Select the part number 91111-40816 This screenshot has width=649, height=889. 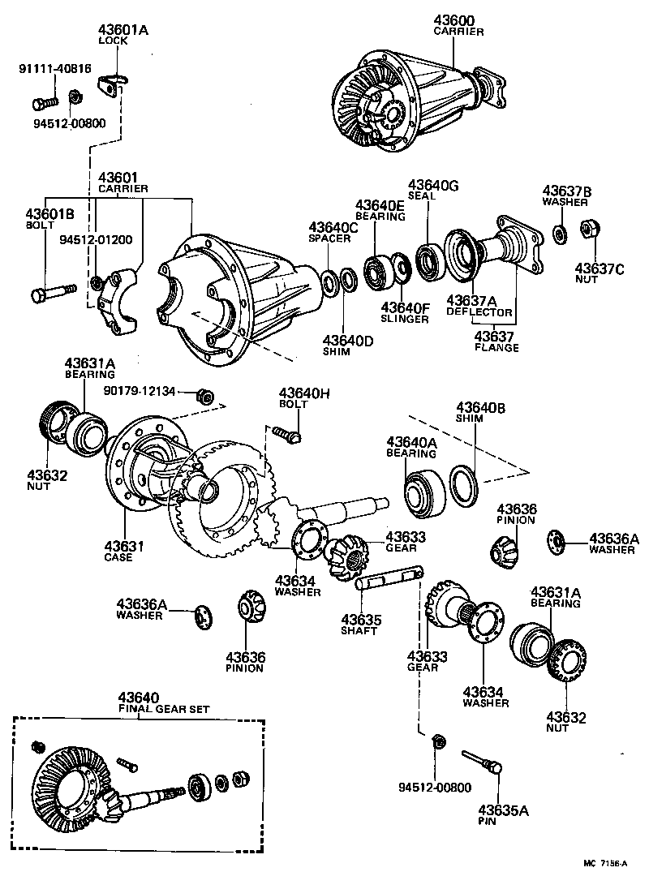(x=54, y=69)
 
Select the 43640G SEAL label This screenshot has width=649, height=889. (x=433, y=190)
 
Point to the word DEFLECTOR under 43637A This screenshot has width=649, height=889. (x=479, y=312)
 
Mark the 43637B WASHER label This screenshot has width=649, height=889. (x=566, y=196)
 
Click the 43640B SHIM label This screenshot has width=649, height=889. (x=481, y=412)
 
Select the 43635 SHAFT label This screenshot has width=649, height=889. (x=361, y=624)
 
